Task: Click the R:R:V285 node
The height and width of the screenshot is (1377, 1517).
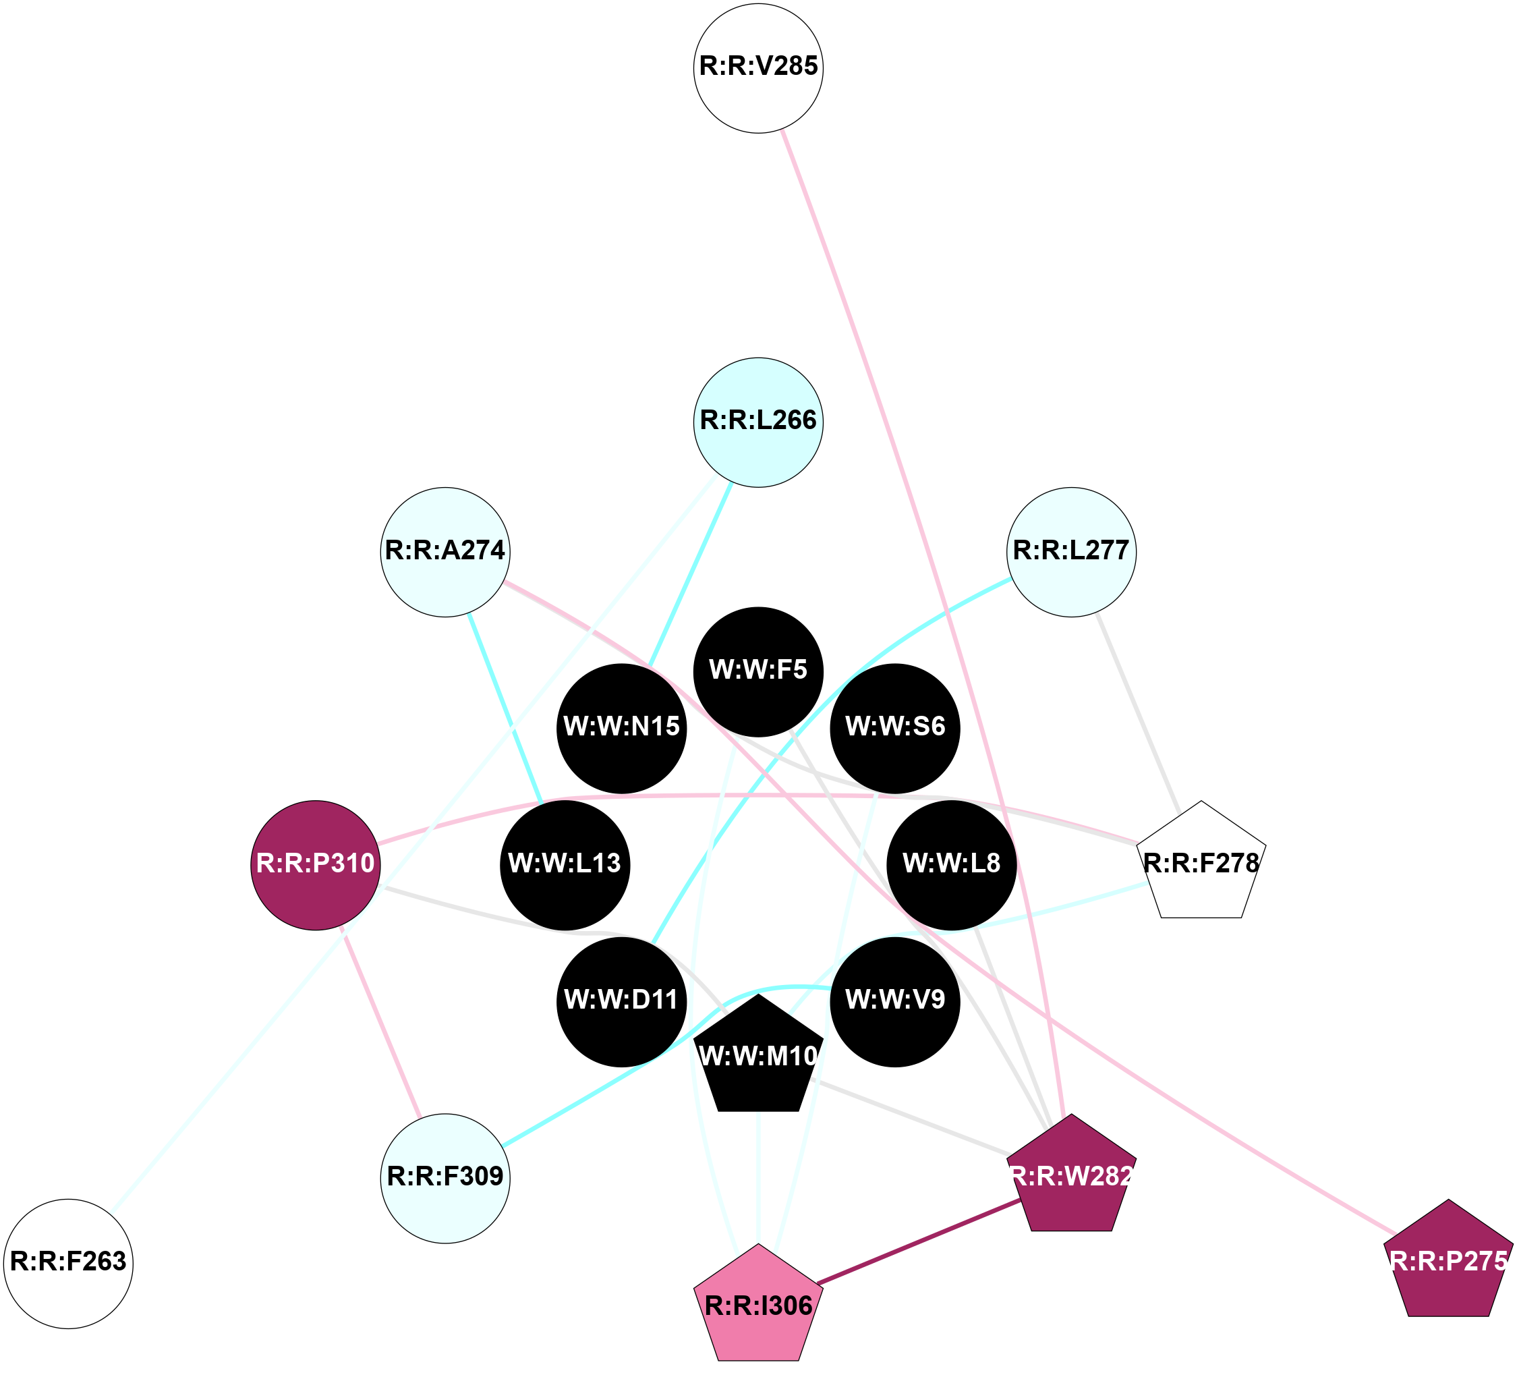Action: (757, 68)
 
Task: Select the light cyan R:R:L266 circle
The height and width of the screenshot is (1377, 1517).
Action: (757, 422)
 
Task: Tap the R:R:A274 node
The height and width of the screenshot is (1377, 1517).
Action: (445, 553)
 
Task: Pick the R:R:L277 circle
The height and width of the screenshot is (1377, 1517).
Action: (1070, 553)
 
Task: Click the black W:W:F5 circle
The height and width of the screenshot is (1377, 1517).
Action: (757, 672)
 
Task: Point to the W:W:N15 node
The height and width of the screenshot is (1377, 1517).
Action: (621, 729)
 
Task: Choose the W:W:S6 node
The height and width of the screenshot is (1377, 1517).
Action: (894, 729)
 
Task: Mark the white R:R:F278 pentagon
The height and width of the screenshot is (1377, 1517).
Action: (1201, 866)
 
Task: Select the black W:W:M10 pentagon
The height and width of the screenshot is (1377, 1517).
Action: (757, 1059)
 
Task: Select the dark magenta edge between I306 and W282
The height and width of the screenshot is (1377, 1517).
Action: (918, 1242)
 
